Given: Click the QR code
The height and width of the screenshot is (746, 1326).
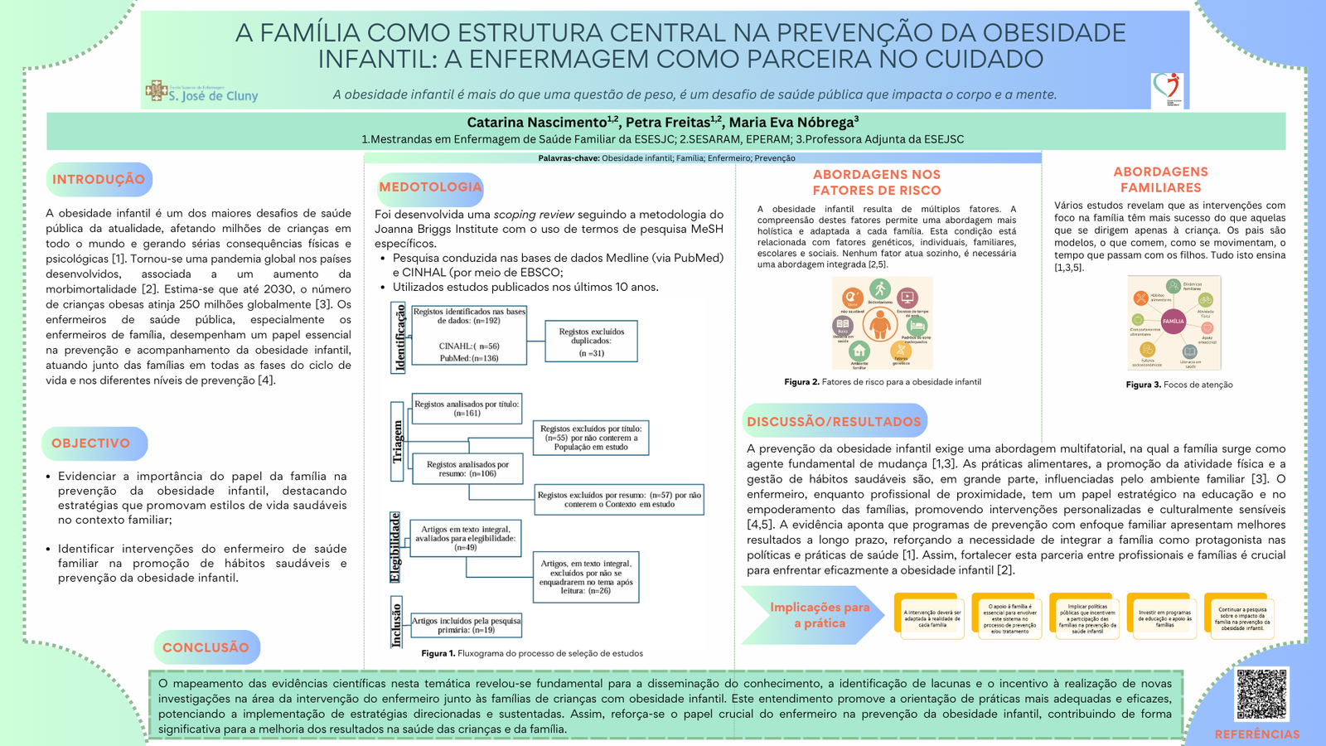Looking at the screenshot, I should point(1261,694).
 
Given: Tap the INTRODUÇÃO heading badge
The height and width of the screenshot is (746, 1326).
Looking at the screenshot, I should point(99,180).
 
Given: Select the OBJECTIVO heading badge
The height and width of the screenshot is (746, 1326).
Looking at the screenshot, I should point(92,443).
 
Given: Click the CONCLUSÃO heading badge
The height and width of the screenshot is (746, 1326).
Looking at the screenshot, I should point(206,647).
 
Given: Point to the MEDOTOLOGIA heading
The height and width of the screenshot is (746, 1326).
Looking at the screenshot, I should point(430,187).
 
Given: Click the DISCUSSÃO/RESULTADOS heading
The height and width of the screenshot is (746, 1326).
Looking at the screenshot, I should point(834,421).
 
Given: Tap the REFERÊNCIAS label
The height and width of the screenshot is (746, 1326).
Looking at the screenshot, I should point(1256,734).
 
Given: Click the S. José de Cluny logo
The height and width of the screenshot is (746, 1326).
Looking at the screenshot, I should point(202,92).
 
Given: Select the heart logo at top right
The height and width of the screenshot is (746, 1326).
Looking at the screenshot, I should point(1167,89).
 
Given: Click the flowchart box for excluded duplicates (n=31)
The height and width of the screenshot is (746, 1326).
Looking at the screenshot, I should point(591,341).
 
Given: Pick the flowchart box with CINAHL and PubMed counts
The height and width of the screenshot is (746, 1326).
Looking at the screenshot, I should point(468,335).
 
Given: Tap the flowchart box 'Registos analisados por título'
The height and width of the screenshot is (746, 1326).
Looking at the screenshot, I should point(467,409).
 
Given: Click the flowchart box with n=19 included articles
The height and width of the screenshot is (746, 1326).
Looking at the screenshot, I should point(467,625).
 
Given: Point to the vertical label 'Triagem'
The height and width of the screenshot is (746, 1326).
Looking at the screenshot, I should point(398,440).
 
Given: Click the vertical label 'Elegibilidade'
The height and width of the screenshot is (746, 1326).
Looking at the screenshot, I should point(396,546).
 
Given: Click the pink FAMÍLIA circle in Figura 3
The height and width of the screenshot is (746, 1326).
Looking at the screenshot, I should point(1173,322).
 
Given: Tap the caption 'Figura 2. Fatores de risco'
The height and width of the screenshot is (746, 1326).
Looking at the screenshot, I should point(882,382).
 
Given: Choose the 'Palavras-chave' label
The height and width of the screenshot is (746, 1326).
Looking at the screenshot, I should point(569,158).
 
